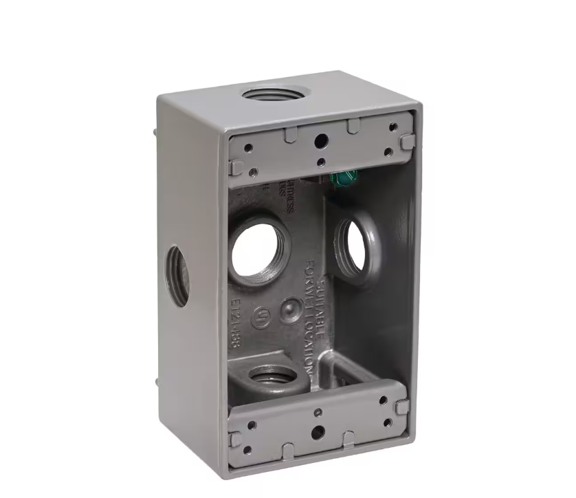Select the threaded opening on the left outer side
tap(177, 277)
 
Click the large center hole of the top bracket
tap(320, 141)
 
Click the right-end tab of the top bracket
tap(406, 142)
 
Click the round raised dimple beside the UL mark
tap(291, 310)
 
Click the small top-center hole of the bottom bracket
tap(318, 413)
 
